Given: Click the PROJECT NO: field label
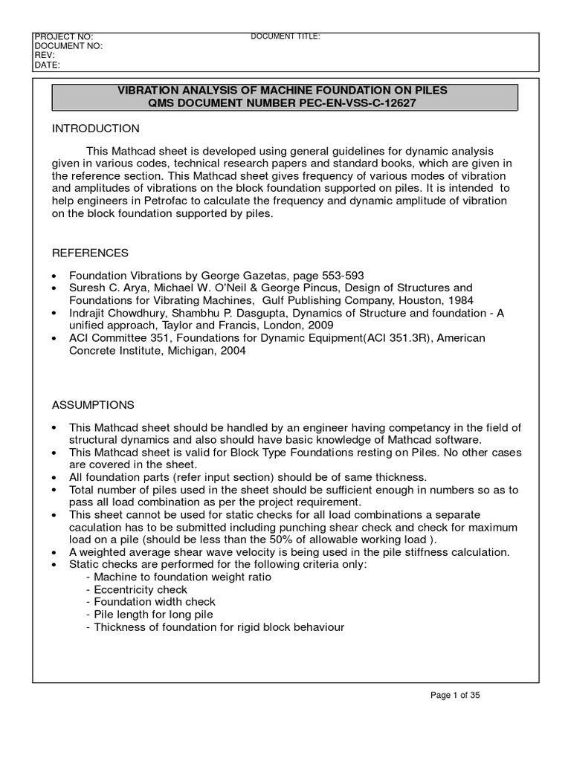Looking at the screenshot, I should [x=63, y=36].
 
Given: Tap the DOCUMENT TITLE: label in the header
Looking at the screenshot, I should [x=285, y=36].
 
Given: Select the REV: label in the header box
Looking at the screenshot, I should [x=45, y=55].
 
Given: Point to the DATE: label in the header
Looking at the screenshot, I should [x=47, y=65].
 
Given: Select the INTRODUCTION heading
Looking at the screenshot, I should [x=95, y=129].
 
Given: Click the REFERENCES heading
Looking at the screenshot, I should [x=90, y=253].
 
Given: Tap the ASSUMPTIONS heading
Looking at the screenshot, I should [x=93, y=405].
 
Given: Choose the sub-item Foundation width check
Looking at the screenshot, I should [x=151, y=602].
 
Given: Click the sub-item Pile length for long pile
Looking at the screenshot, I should [x=149, y=615].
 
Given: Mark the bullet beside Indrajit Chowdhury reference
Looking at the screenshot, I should [x=55, y=313].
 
